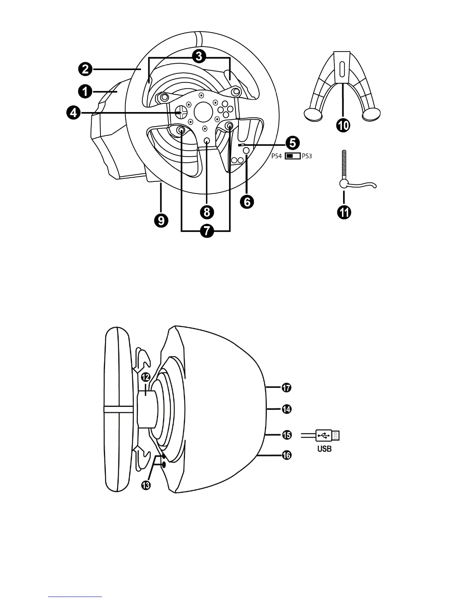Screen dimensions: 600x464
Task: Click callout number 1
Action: tap(85, 91)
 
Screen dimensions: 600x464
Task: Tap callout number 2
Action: tap(85, 69)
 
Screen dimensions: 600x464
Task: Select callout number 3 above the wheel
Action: tap(199, 57)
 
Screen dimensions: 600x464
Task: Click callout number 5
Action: tap(293, 143)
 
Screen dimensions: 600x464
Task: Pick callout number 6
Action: tap(247, 202)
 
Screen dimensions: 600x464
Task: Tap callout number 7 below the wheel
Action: tap(206, 230)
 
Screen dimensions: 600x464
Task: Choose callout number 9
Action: tap(161, 220)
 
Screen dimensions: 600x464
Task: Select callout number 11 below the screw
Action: tap(344, 212)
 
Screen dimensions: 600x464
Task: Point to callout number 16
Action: tap(287, 455)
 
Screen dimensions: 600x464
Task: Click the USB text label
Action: tap(324, 449)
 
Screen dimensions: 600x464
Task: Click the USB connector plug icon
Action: tap(327, 436)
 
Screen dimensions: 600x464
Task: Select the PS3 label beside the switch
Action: tap(307, 156)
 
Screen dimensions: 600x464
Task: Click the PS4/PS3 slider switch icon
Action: tap(292, 156)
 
